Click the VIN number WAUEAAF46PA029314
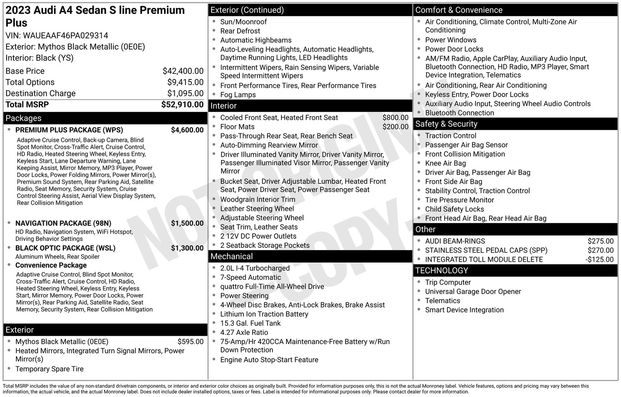[x=66, y=36]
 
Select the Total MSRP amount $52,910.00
[x=182, y=105]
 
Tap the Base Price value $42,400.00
[x=183, y=71]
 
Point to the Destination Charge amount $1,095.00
[x=185, y=93]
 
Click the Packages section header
[x=23, y=118]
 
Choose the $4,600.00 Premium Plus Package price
[x=187, y=130]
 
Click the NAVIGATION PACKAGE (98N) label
[x=63, y=223]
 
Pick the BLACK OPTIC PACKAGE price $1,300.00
[x=187, y=248]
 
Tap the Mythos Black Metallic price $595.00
[x=190, y=342]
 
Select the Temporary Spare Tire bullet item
[x=49, y=369]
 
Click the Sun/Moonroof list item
[x=243, y=22]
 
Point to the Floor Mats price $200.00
[x=395, y=127]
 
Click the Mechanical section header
[x=231, y=256]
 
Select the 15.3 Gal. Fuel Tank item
[x=250, y=323]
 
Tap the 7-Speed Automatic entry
[x=250, y=277]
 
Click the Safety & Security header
[x=446, y=124]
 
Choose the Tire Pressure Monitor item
[x=460, y=200]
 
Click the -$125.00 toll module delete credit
[x=599, y=260]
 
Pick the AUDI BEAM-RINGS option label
[x=455, y=241]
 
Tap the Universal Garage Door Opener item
[x=473, y=292]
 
